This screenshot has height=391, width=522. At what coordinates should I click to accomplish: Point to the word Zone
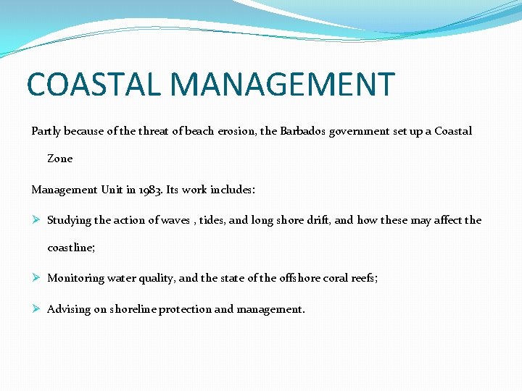(60, 158)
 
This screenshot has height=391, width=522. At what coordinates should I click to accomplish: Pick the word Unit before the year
(112, 190)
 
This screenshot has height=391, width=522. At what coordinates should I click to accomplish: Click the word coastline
(70, 248)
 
